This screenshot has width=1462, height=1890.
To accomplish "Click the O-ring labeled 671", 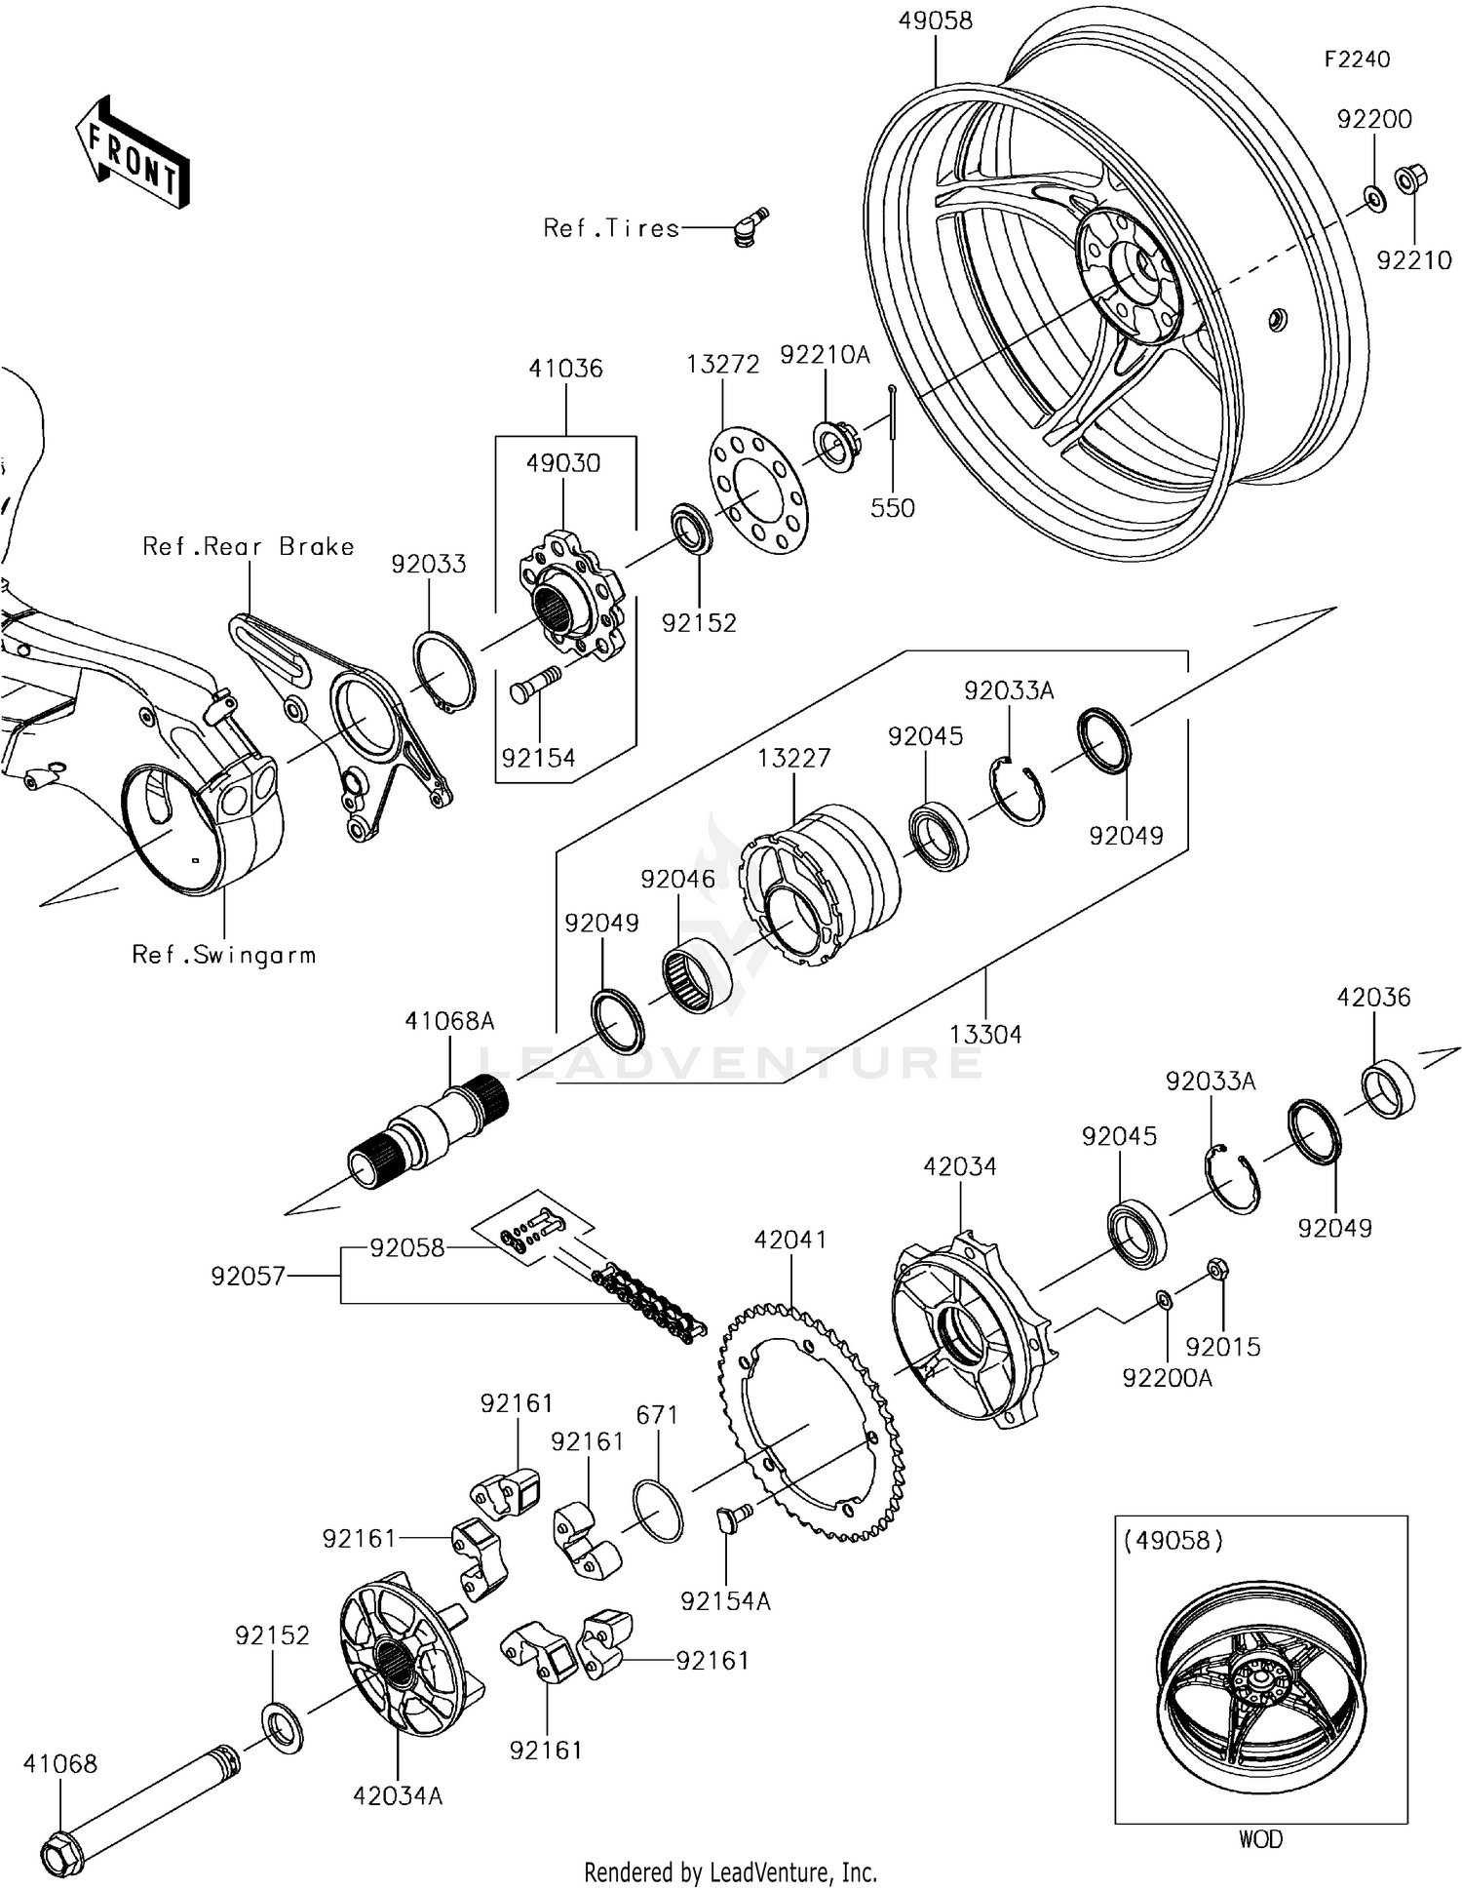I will click(658, 1511).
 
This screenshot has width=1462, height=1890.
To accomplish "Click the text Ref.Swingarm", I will click(224, 955).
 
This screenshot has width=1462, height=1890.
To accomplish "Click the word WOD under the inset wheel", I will click(1259, 1839).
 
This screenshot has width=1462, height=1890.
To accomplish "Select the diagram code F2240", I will click(1356, 59).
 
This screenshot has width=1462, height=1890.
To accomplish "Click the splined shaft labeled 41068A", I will click(430, 1131).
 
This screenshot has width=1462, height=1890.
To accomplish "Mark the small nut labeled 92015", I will click(1216, 1270).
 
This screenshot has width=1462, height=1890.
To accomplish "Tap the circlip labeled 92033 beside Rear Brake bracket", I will click(445, 672).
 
